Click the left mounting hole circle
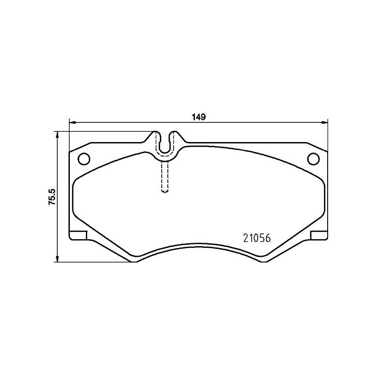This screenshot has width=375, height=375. [x=83, y=159]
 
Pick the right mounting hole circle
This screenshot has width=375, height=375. [x=313, y=159]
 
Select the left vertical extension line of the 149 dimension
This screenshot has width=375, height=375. [x=69, y=136]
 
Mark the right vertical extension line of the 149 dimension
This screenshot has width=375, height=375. [x=328, y=136]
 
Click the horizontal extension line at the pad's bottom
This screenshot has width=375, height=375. [x=94, y=262]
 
